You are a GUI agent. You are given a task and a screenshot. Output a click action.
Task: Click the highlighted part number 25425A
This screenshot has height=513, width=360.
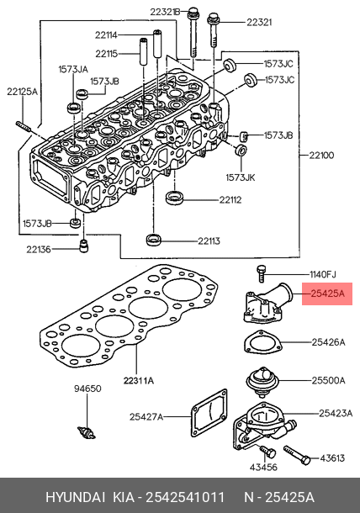[x=327, y=294]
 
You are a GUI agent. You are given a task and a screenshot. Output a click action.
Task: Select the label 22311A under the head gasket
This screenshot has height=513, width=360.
[x=139, y=380]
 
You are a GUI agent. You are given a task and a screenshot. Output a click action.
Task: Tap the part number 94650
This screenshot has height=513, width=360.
[x=87, y=389]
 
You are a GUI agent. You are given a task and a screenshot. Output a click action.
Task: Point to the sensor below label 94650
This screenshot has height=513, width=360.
[x=87, y=433]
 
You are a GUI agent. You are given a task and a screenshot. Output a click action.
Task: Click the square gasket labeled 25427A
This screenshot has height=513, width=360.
[x=209, y=413]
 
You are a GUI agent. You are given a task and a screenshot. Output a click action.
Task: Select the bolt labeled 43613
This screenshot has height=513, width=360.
[x=297, y=455]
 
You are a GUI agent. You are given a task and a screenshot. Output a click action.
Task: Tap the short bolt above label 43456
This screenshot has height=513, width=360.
[x=268, y=452]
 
